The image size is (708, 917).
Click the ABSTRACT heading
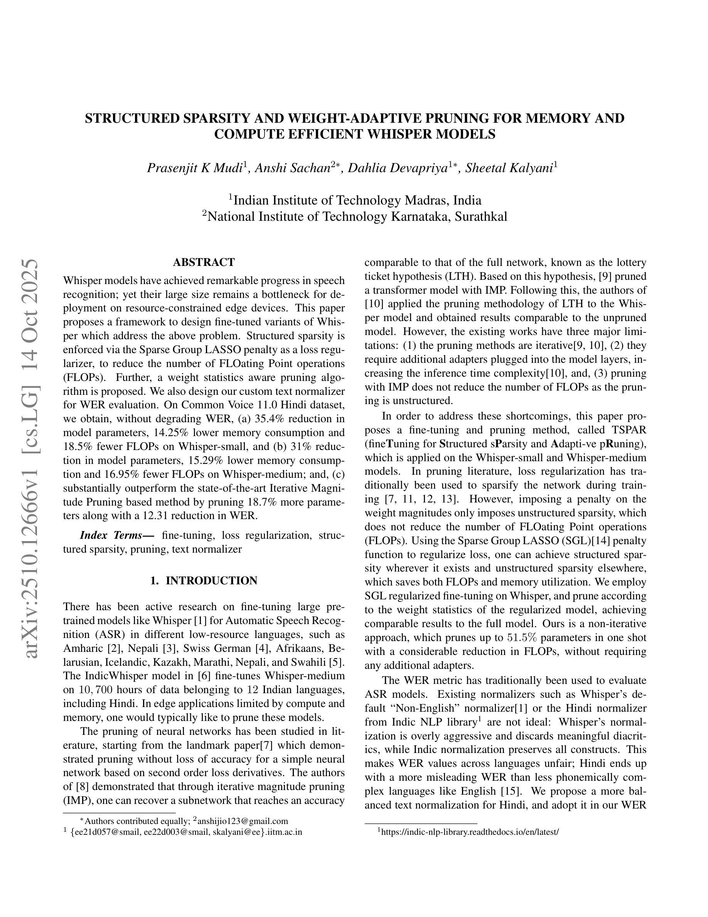(204, 262)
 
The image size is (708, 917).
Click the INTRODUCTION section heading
(204, 581)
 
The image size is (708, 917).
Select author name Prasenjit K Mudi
(195, 168)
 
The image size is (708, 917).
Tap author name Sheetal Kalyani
(509, 168)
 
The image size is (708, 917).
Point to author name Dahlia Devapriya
(397, 168)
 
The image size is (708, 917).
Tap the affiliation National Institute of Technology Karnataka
(355, 216)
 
